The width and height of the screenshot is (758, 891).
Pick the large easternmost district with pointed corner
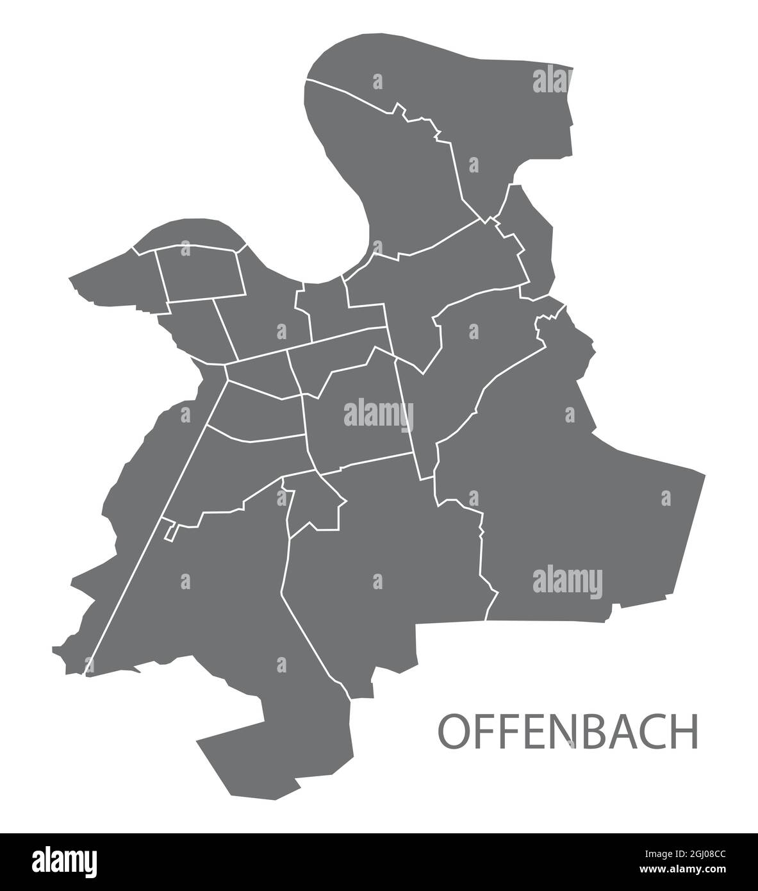click(x=577, y=487)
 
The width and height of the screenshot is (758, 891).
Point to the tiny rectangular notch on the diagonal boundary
click(x=170, y=531)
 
